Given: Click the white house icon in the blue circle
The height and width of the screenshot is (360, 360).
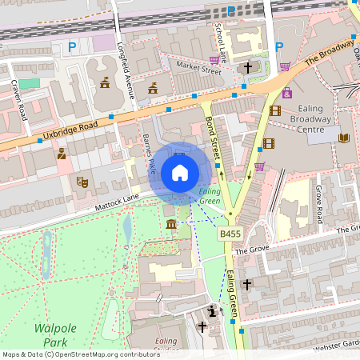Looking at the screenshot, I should tap(180, 172).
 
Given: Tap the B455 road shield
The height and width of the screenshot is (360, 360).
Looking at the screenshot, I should tap(230, 234).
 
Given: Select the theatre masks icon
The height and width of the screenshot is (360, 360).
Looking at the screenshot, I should tap(81, 182).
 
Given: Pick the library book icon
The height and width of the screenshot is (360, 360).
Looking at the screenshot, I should tap(345, 138).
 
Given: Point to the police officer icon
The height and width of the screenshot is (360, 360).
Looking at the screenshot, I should tap(62, 153).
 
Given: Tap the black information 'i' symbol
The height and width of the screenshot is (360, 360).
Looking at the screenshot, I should tap(211, 310).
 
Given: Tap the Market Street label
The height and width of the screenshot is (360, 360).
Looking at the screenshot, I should tap(198, 70).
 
